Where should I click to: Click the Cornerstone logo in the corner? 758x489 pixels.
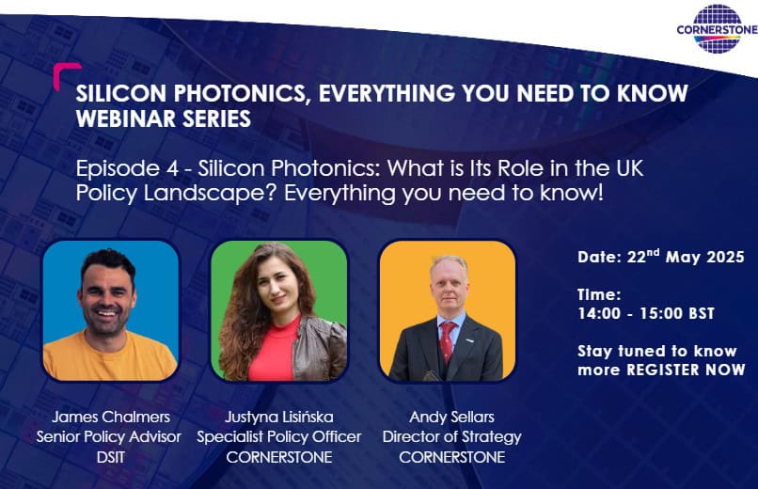[717, 28]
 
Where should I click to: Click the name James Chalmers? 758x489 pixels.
[111, 417]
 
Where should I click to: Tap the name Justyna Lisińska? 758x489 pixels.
[279, 417]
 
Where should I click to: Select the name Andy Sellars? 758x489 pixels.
[451, 417]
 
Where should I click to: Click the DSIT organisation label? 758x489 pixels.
[111, 457]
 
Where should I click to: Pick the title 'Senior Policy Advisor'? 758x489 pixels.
[109, 437]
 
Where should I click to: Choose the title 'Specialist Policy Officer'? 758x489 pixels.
[279, 437]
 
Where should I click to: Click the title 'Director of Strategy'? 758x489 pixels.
[451, 437]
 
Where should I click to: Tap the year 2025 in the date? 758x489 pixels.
[725, 257]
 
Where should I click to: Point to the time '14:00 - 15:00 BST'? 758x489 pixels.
[646, 313]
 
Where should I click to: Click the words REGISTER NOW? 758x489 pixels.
[686, 371]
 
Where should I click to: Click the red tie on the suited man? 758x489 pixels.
[447, 341]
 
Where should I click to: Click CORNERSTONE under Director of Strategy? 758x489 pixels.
[451, 457]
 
